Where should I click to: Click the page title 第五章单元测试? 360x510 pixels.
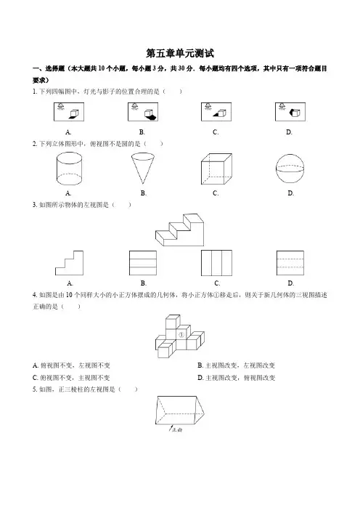pos(180,53)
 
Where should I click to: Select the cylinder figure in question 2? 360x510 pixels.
pos(69,169)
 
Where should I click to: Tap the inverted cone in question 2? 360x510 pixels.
pos(143,169)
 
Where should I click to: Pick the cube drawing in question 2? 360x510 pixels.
pos(216,169)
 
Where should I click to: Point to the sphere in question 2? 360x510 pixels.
pos(290,168)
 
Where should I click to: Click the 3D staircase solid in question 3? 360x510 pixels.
pos(180,230)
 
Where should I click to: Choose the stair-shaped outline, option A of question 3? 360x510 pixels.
pos(69,263)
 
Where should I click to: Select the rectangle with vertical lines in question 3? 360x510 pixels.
pos(216,263)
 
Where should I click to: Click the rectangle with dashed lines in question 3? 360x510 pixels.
pos(290,263)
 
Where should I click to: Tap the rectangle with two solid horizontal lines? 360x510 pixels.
pos(143,263)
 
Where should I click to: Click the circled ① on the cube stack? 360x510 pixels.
pos(181,335)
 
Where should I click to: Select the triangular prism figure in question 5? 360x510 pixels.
pos(180,410)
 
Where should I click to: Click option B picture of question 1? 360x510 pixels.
pos(143,112)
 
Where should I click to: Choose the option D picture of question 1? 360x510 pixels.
pos(290,112)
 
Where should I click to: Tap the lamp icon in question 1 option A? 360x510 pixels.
pos(61,107)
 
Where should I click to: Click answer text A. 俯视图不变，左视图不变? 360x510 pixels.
pos(71,365)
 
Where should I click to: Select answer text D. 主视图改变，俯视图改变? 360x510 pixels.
pos(236,378)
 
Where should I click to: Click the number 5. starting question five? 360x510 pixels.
pos(35,389)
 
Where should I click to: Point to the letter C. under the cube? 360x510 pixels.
pos(216,193)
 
